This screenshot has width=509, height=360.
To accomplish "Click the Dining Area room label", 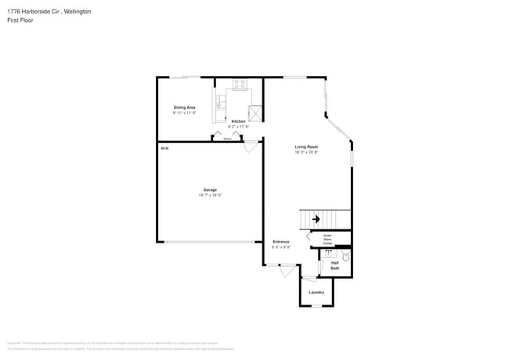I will [184, 107].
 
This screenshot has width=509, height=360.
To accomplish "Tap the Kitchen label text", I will [238, 121].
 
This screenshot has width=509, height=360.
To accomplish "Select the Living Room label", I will [305, 146].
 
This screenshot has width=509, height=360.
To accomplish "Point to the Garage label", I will [210, 189].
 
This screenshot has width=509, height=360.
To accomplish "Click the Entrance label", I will [281, 242].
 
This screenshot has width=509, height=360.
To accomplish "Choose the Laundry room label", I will [316, 293].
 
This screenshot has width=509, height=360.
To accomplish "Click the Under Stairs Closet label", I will [327, 239].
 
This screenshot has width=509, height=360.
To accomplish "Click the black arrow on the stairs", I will [316, 220].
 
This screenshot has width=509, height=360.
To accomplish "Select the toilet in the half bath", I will [346, 255].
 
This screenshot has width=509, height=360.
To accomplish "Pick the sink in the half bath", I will [329, 254].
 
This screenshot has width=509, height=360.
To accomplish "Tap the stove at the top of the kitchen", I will [239, 82].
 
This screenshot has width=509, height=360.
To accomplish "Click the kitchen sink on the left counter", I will [221, 101].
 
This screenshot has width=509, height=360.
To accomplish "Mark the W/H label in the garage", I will [164, 148].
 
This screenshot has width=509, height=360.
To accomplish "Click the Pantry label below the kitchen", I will [227, 139].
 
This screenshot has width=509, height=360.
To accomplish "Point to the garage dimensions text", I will [210, 195].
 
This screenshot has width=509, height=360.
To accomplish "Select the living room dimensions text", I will [305, 152].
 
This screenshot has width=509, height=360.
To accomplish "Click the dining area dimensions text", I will [184, 113].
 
